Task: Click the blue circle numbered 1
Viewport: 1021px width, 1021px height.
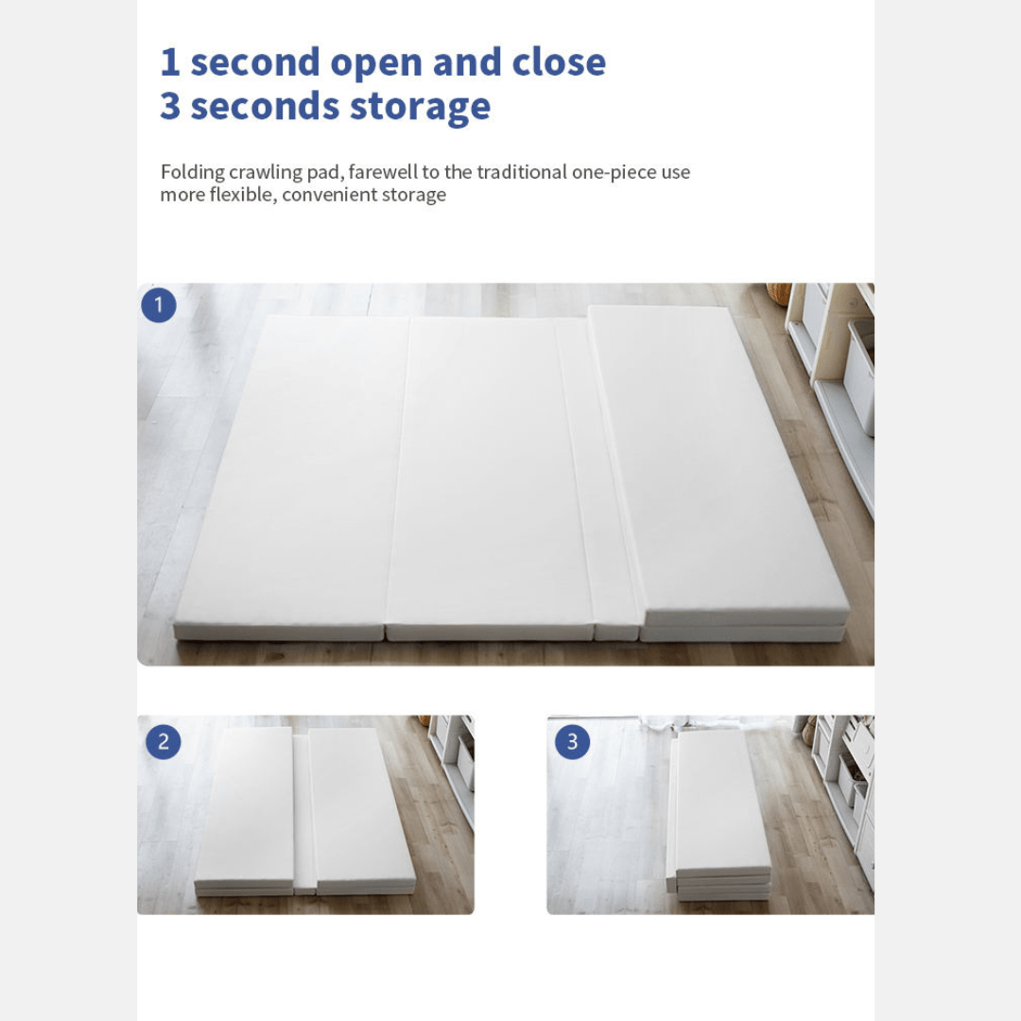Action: [x=159, y=304]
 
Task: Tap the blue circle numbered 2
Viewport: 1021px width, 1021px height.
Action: [x=164, y=742]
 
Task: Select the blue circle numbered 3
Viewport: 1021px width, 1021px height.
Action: [x=572, y=742]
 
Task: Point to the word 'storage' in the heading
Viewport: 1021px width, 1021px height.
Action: [x=420, y=108]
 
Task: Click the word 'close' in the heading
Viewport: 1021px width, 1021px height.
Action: [x=559, y=61]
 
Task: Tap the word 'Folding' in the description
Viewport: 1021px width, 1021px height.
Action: [x=193, y=173]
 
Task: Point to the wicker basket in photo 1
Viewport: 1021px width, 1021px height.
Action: [x=778, y=293]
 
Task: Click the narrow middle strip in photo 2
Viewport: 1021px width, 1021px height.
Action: [x=304, y=814]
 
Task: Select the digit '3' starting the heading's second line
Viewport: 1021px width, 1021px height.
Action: [x=170, y=106]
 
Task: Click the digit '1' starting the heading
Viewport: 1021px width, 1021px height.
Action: [x=169, y=61]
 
